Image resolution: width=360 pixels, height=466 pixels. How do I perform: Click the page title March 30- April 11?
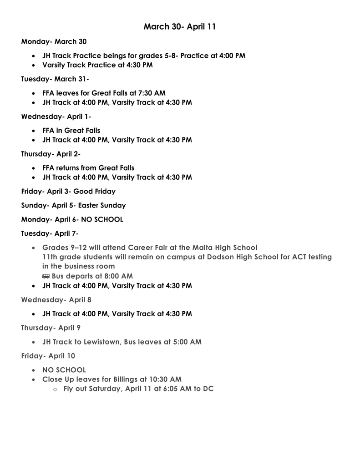coord(180,27)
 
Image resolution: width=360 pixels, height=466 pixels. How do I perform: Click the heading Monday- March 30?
coord(54,42)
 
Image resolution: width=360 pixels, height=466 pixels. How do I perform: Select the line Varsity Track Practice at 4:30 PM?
coord(97,65)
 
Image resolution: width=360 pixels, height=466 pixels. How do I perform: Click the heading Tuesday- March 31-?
coord(55,79)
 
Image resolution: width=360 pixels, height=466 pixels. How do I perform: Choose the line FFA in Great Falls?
coord(71,131)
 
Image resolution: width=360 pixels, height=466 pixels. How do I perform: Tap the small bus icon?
coord(46,276)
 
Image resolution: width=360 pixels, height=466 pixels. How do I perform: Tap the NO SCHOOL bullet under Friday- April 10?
coord(64,370)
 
